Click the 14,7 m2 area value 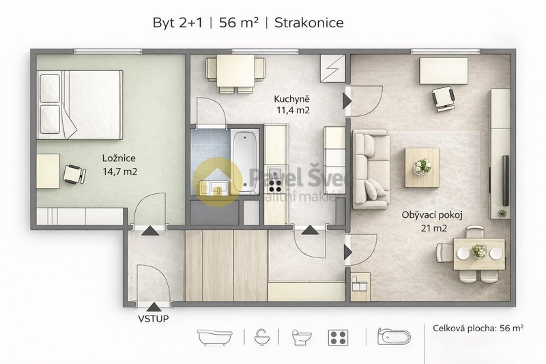tap(119, 171)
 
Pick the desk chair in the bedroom tap(72, 175)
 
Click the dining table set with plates tap(472, 253)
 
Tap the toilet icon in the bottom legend tap(301, 337)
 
